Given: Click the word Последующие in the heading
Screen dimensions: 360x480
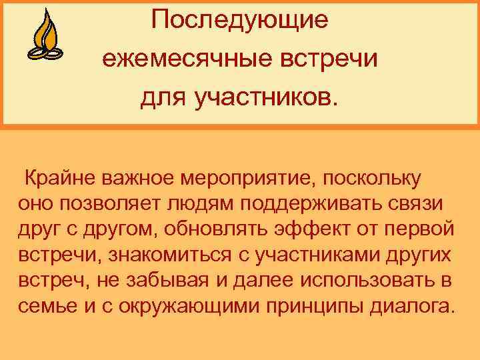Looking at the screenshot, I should pyautogui.click(x=239, y=19).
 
